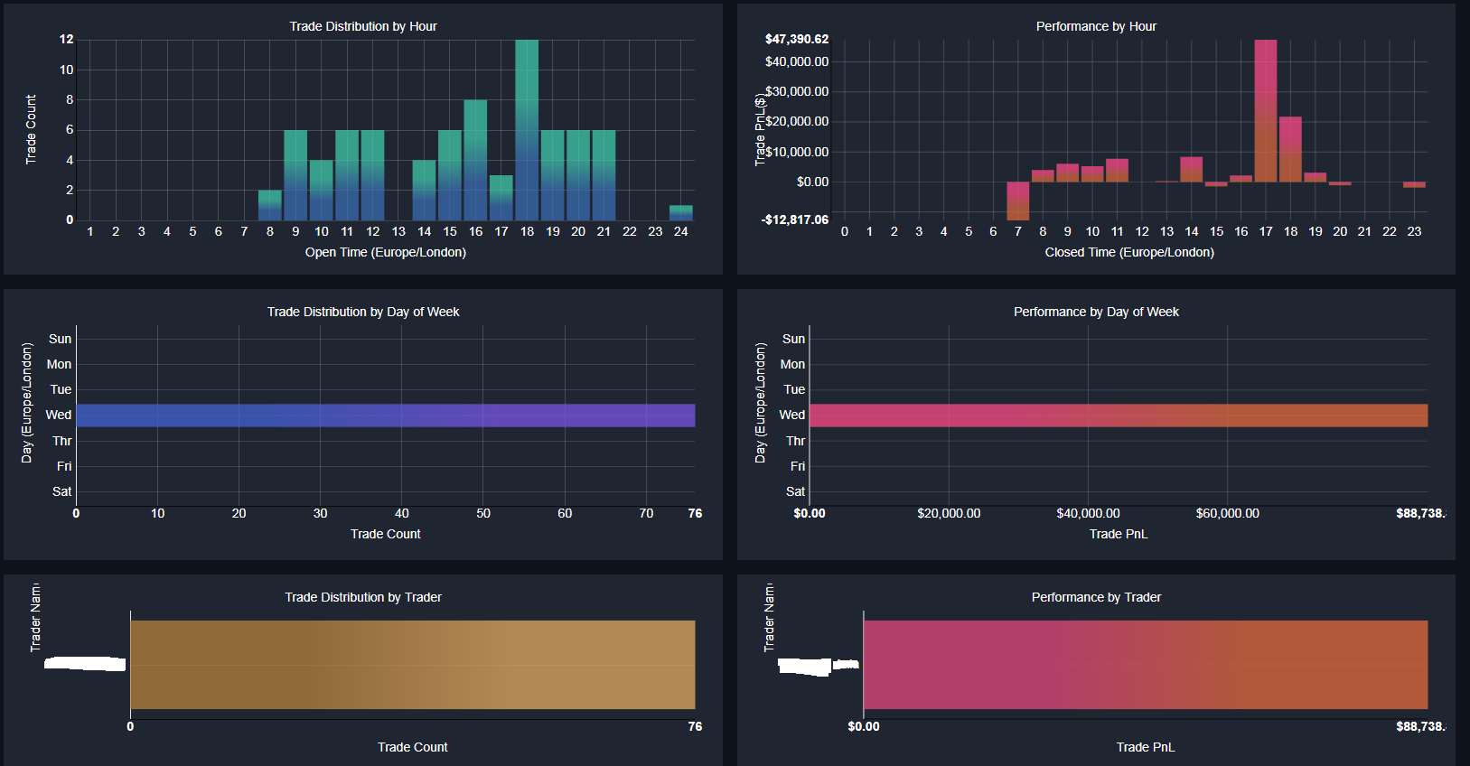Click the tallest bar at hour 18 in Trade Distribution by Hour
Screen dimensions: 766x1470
[x=527, y=130]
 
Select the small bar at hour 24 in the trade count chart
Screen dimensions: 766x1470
[x=681, y=213]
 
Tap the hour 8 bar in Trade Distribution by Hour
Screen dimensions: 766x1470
[x=269, y=206]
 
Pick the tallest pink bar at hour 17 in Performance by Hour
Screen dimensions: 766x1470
[x=1266, y=110]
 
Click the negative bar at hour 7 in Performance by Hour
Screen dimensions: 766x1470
[x=1018, y=201]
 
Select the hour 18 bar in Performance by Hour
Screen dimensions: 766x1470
[x=1290, y=149]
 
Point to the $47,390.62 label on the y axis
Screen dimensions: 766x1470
[x=796, y=39]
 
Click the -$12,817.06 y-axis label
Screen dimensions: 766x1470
[x=795, y=220]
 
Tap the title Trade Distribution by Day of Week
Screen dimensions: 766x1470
[x=363, y=312]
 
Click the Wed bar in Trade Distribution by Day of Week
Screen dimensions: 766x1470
[x=386, y=416]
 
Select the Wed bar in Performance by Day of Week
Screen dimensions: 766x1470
[x=1119, y=416]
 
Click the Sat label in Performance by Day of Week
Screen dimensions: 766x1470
[x=795, y=491]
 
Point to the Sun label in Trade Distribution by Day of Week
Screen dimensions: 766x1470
[x=60, y=339]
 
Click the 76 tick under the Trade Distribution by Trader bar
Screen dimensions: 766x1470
[x=695, y=726]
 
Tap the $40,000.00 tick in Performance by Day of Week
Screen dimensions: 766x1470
[x=1088, y=513]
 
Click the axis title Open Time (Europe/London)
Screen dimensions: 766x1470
[x=386, y=252]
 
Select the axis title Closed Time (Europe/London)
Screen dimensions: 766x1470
[x=1129, y=252]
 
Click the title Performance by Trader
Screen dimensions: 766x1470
[x=1096, y=597]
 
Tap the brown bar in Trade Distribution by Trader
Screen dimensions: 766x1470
[x=413, y=665]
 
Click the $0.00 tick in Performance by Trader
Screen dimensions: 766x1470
[x=864, y=726]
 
